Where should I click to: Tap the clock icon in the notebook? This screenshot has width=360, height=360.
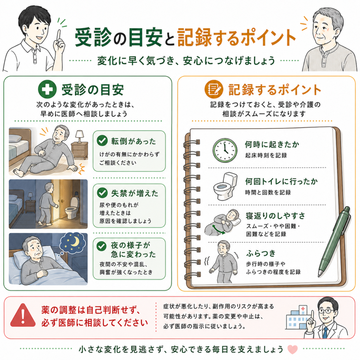[x=225, y=150]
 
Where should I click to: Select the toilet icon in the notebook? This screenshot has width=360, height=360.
[x=225, y=186]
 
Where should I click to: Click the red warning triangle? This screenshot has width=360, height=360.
[x=23, y=315]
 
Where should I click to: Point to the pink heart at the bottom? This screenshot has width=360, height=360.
[x=292, y=349]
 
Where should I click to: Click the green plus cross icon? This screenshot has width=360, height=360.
[x=47, y=89]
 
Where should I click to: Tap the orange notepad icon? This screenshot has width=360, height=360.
[x=213, y=89]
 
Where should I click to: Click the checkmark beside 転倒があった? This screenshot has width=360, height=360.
[x=102, y=141]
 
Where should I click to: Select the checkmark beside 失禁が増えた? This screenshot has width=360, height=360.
[x=102, y=193]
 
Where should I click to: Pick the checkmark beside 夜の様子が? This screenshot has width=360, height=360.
[x=101, y=246]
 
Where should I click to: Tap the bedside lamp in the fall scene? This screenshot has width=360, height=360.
[x=79, y=136]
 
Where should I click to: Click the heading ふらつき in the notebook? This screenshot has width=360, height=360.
[x=261, y=253]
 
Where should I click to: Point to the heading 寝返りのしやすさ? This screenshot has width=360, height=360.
[x=276, y=216]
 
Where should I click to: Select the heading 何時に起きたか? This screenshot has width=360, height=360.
[x=272, y=144]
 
